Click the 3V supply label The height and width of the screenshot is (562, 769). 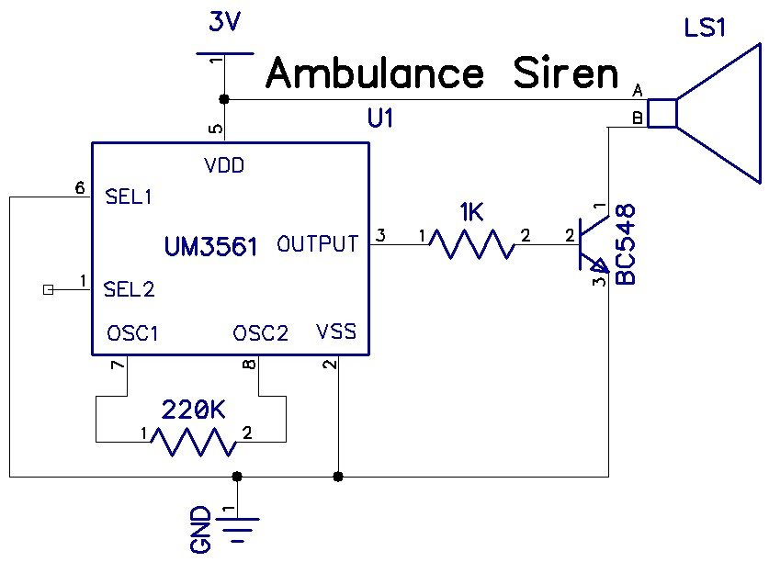224,22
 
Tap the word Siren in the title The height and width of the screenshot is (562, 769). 566,73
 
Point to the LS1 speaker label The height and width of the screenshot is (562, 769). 705,28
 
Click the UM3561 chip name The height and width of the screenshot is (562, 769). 210,246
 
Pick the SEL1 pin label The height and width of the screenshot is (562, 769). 130,197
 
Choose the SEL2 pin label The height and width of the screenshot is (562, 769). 130,289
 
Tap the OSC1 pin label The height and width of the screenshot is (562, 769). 132,332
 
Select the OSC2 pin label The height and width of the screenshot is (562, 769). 261,332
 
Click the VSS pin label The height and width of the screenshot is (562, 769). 335,332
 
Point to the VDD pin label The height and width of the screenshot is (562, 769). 223,166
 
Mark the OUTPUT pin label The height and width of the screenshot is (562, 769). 318,244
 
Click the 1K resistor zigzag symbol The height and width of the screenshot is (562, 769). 471,244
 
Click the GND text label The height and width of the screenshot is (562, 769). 201,530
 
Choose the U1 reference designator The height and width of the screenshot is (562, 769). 379,118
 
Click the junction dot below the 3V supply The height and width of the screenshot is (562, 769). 224,98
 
